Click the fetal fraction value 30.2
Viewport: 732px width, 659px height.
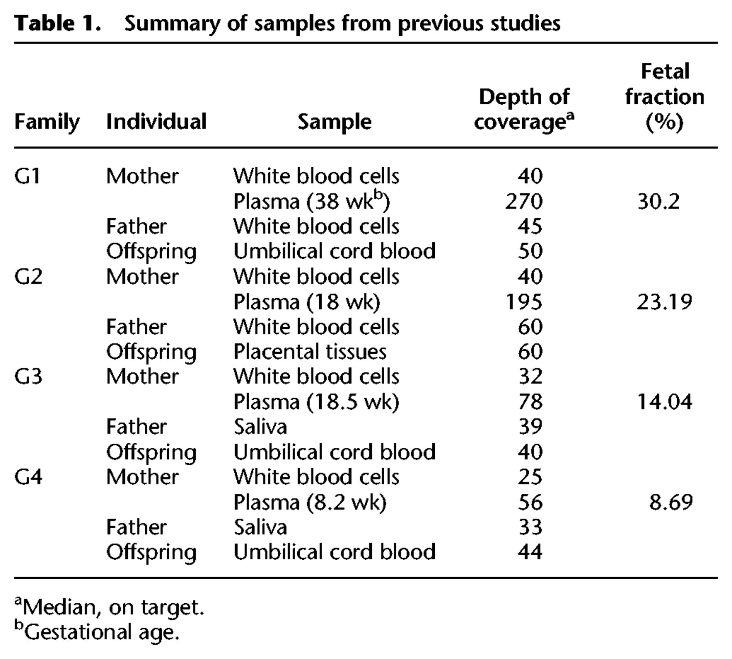[x=658, y=201]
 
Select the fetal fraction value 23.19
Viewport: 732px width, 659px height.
[x=664, y=302]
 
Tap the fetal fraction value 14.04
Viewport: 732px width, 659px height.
[x=664, y=402]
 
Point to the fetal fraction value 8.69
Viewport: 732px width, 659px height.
[x=671, y=502]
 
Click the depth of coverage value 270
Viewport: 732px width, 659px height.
[x=524, y=201]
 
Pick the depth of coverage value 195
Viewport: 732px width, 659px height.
[x=524, y=302]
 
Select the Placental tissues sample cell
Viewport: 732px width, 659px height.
[x=310, y=352]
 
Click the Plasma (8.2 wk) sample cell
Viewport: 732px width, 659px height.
[x=310, y=502]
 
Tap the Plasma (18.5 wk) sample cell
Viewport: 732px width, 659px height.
[x=316, y=402]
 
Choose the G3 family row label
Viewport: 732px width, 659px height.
[x=28, y=377]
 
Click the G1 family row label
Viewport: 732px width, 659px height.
[x=27, y=176]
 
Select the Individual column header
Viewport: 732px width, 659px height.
[x=157, y=121]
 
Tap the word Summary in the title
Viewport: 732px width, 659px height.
[x=172, y=24]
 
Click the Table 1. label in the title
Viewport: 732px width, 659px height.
[x=57, y=23]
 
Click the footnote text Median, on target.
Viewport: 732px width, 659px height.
[x=109, y=607]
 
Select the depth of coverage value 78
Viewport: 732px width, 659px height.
[x=530, y=402]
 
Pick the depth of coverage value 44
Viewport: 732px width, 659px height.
[x=530, y=552]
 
